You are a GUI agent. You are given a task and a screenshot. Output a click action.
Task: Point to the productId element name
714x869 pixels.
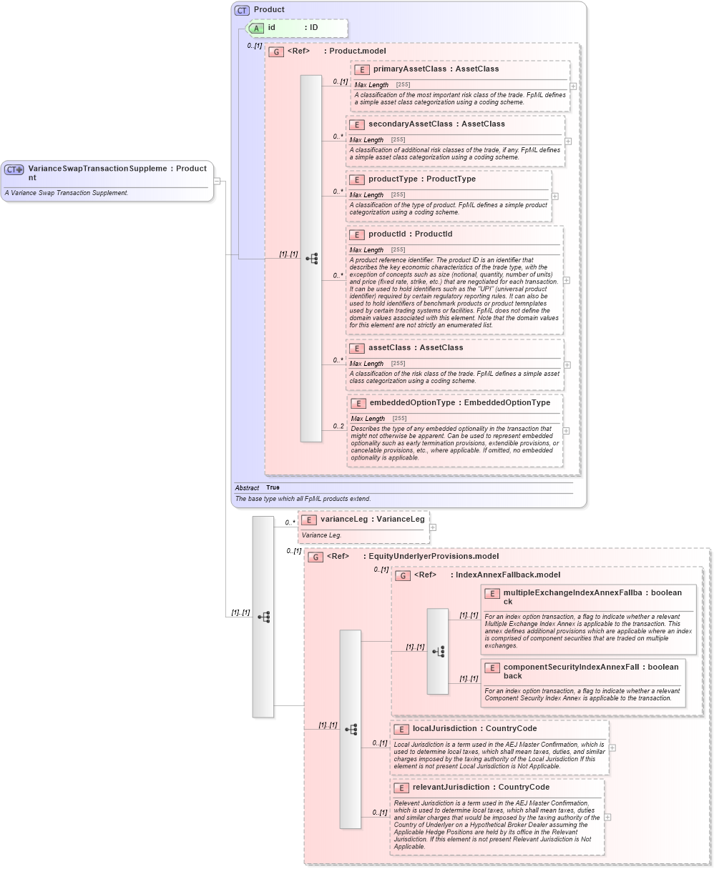click(x=391, y=234)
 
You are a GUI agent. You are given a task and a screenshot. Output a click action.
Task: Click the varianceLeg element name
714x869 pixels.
click(x=344, y=520)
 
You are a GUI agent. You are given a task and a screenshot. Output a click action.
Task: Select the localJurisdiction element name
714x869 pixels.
click(x=444, y=729)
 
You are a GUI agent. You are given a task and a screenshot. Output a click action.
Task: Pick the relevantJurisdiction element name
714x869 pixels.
click(x=450, y=788)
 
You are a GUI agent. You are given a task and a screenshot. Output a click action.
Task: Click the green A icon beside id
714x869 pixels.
click(x=256, y=28)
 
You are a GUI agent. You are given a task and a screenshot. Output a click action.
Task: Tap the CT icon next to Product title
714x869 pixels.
click(x=242, y=10)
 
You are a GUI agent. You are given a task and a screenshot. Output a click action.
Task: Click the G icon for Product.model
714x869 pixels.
click(x=275, y=51)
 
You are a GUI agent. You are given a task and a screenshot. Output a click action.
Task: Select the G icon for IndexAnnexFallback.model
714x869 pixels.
click(x=404, y=575)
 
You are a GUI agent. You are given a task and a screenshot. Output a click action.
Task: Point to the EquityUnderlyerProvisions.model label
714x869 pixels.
click(x=433, y=556)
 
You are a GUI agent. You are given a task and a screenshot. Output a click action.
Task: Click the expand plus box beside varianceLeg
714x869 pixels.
click(x=433, y=527)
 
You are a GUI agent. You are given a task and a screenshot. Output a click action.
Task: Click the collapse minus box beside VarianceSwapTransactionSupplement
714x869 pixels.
click(x=217, y=181)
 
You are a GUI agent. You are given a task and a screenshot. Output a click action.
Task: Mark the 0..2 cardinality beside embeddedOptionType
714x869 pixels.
click(x=338, y=427)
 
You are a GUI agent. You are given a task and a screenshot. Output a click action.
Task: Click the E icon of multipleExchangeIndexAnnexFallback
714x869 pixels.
click(x=492, y=593)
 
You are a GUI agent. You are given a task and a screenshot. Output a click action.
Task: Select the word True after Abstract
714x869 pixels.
click(x=273, y=487)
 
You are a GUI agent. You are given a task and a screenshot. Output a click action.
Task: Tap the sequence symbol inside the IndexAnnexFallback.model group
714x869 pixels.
click(x=438, y=651)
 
